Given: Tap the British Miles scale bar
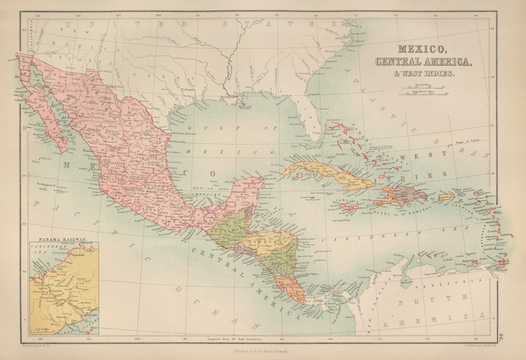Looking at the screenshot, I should pos(424,87).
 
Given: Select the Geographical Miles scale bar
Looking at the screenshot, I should pos(424,94).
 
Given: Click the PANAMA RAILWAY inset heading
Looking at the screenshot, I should pos(63,239).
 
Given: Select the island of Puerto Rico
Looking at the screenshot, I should pos(445,196).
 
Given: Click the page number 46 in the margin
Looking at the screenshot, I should pos(500,337).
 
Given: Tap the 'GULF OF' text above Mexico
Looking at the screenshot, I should pos(225,128).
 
